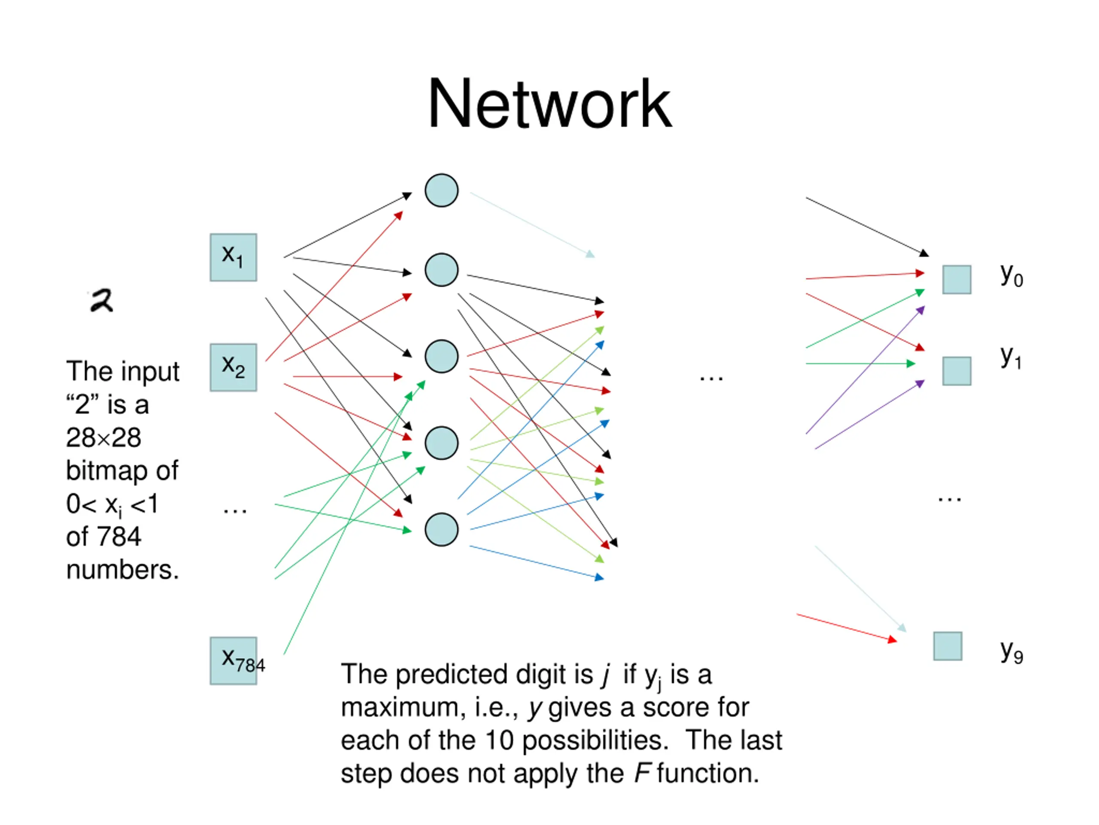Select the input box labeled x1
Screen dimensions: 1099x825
coord(234,257)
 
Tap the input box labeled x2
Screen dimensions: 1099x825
coord(234,367)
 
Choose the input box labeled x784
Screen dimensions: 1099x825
coord(234,661)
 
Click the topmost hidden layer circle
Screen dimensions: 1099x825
coord(442,190)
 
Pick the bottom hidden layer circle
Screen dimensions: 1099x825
coord(442,530)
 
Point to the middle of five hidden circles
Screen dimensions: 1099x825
coord(442,357)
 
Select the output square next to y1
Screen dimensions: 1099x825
coord(957,371)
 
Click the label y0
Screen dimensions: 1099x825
coord(1011,275)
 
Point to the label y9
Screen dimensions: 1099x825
coord(1011,652)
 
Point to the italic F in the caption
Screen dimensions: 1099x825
coord(642,773)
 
